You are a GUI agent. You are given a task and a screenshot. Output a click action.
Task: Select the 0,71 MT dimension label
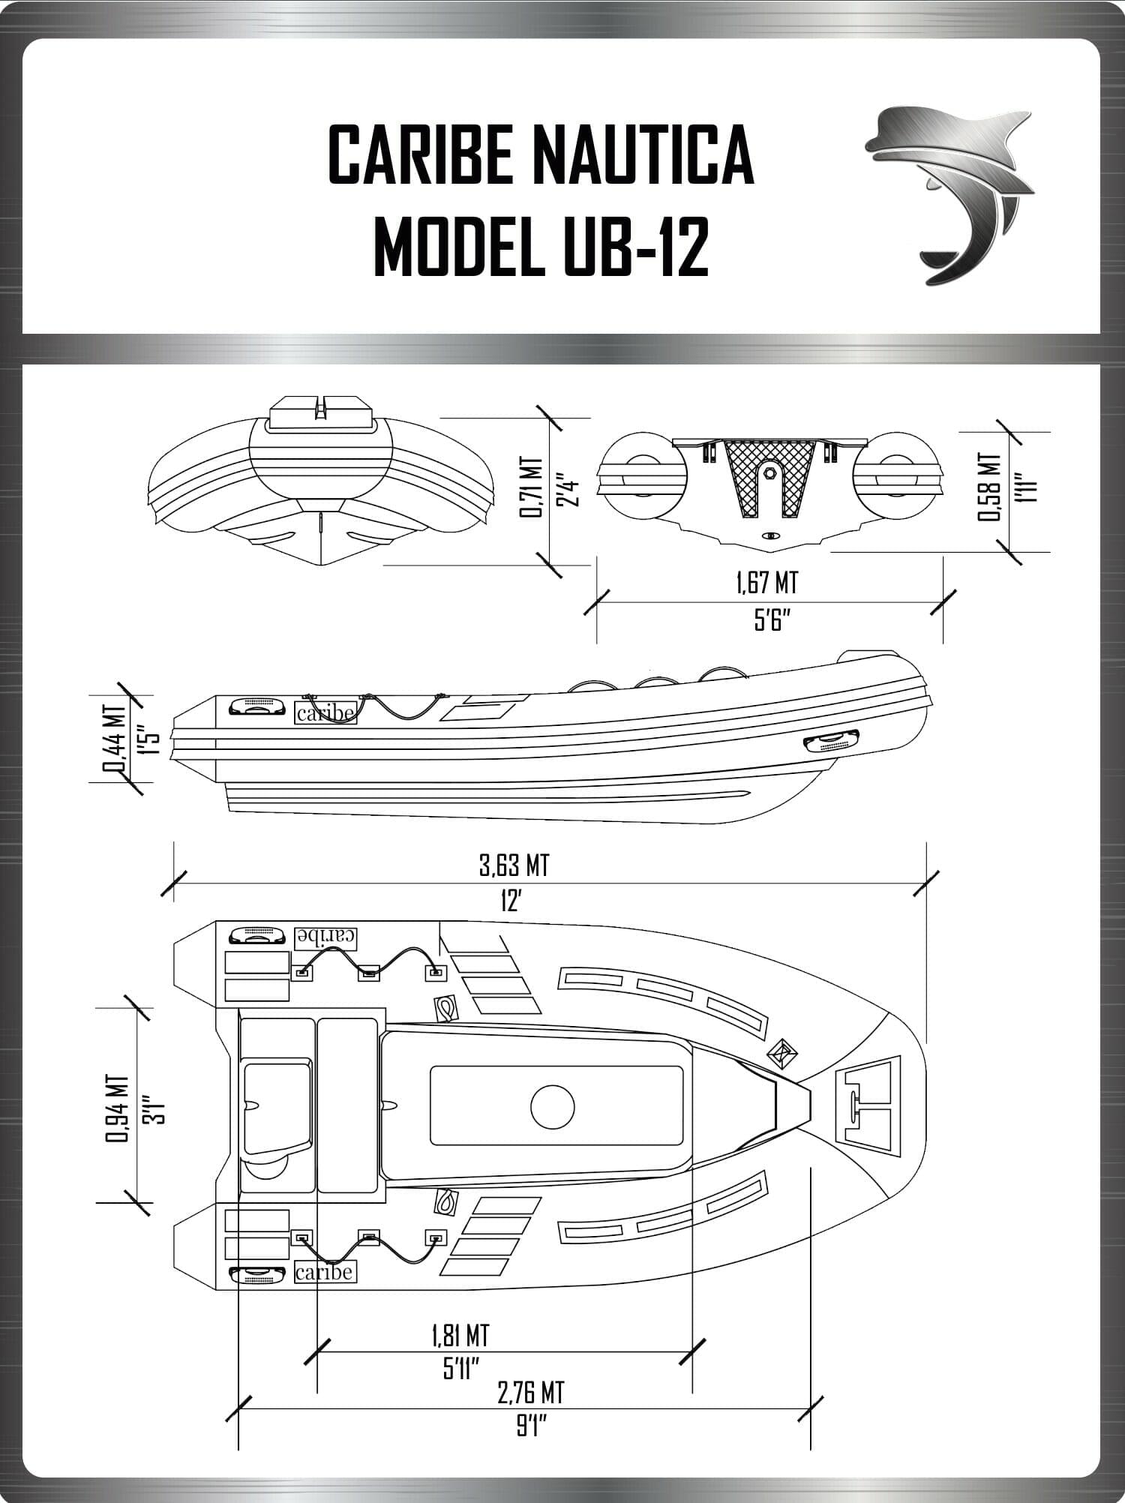pyautogui.click(x=530, y=487)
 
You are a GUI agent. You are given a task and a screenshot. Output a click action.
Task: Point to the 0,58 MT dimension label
pyautogui.click(x=990, y=487)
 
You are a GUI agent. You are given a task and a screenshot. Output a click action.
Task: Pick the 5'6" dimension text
pyautogui.click(x=773, y=621)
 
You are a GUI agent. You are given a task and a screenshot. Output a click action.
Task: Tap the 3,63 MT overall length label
pyautogui.click(x=514, y=865)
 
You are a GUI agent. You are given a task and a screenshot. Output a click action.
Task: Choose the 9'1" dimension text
pyautogui.click(x=530, y=1426)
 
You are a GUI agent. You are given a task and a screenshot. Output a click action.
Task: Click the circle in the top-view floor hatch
pyautogui.click(x=552, y=1106)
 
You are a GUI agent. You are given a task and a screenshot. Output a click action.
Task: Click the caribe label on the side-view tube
pyautogui.click(x=325, y=713)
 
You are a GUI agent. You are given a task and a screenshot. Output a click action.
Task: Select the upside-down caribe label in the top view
pyautogui.click(x=325, y=936)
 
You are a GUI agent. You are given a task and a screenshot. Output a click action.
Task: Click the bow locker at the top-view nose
pyautogui.click(x=868, y=1103)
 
